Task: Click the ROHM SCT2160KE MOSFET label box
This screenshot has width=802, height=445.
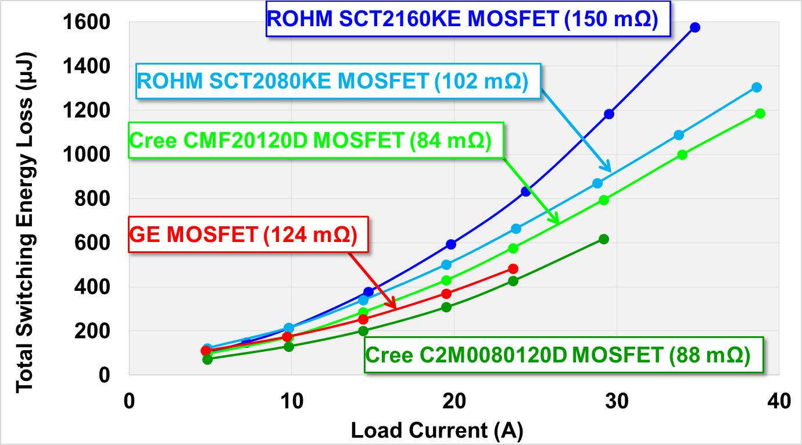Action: (463, 19)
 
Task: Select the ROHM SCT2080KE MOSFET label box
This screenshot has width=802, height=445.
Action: (332, 81)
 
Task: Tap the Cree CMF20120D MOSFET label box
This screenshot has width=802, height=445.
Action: (310, 140)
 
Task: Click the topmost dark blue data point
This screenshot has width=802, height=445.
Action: (694, 27)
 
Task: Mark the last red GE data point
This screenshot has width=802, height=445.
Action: (513, 269)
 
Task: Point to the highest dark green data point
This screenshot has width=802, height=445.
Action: (603, 239)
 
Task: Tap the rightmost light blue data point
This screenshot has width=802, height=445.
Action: (756, 87)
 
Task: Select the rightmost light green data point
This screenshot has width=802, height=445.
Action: (760, 113)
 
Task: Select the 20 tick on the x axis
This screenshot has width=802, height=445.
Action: (453, 401)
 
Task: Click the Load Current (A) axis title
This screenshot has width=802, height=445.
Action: (436, 430)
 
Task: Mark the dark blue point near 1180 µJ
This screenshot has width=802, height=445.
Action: (608, 114)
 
